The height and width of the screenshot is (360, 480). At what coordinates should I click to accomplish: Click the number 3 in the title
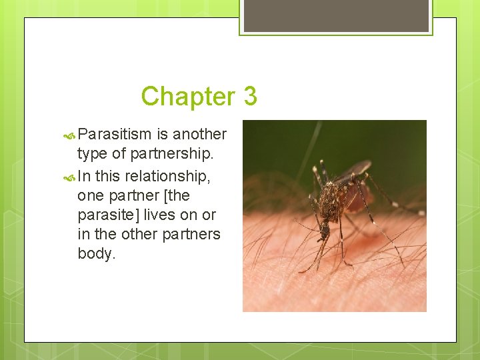250,97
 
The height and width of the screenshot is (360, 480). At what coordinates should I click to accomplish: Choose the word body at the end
96,254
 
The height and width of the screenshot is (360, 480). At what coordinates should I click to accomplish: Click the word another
199,135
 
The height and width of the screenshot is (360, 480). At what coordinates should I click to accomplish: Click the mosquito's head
324,229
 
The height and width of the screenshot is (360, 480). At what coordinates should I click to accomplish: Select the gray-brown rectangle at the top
335,15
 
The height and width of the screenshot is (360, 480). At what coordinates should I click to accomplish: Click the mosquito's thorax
331,203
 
